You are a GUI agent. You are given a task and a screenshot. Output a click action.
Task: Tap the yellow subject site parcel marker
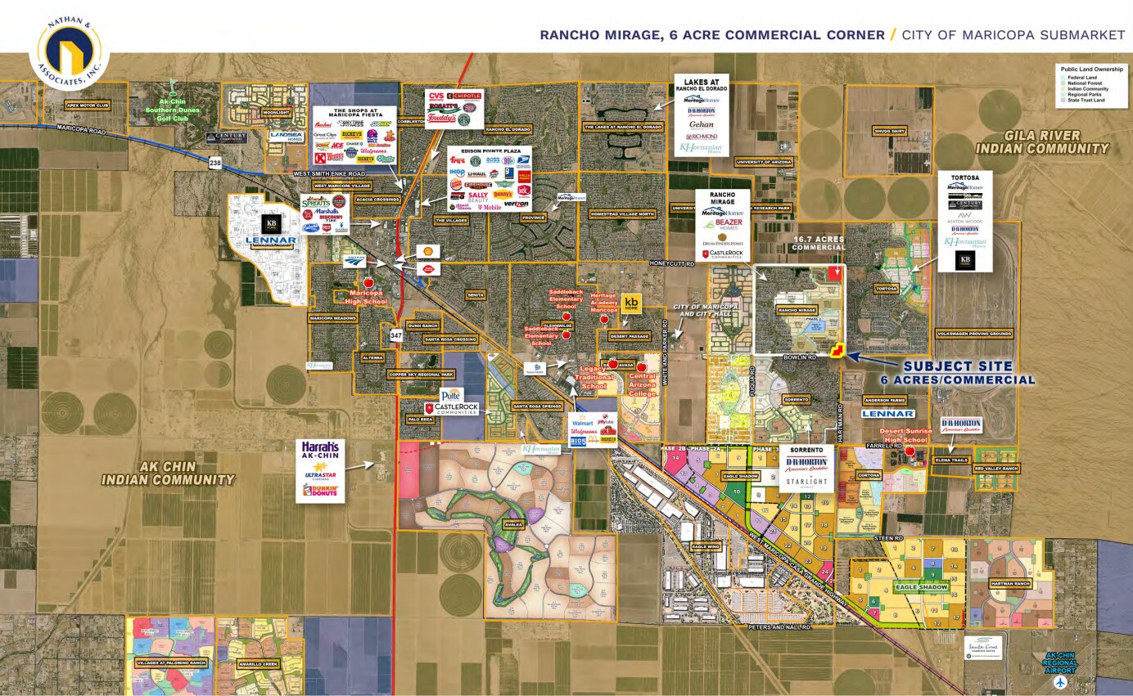[837, 351]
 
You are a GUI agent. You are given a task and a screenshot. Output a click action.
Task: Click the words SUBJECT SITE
[957, 366]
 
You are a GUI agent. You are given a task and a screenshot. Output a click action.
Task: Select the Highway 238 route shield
[215, 163]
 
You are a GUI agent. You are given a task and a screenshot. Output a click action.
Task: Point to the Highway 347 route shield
[396, 335]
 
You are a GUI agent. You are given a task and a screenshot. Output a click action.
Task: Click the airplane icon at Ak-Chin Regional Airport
[1061, 681]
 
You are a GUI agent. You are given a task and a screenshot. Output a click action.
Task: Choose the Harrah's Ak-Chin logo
[320, 451]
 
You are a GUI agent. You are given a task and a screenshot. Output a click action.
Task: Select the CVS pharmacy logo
[436, 97]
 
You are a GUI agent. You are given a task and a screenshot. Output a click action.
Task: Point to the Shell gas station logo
[425, 251]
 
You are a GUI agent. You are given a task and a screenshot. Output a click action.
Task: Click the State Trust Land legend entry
[1082, 101]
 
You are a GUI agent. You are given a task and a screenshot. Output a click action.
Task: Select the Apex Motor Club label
[88, 106]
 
